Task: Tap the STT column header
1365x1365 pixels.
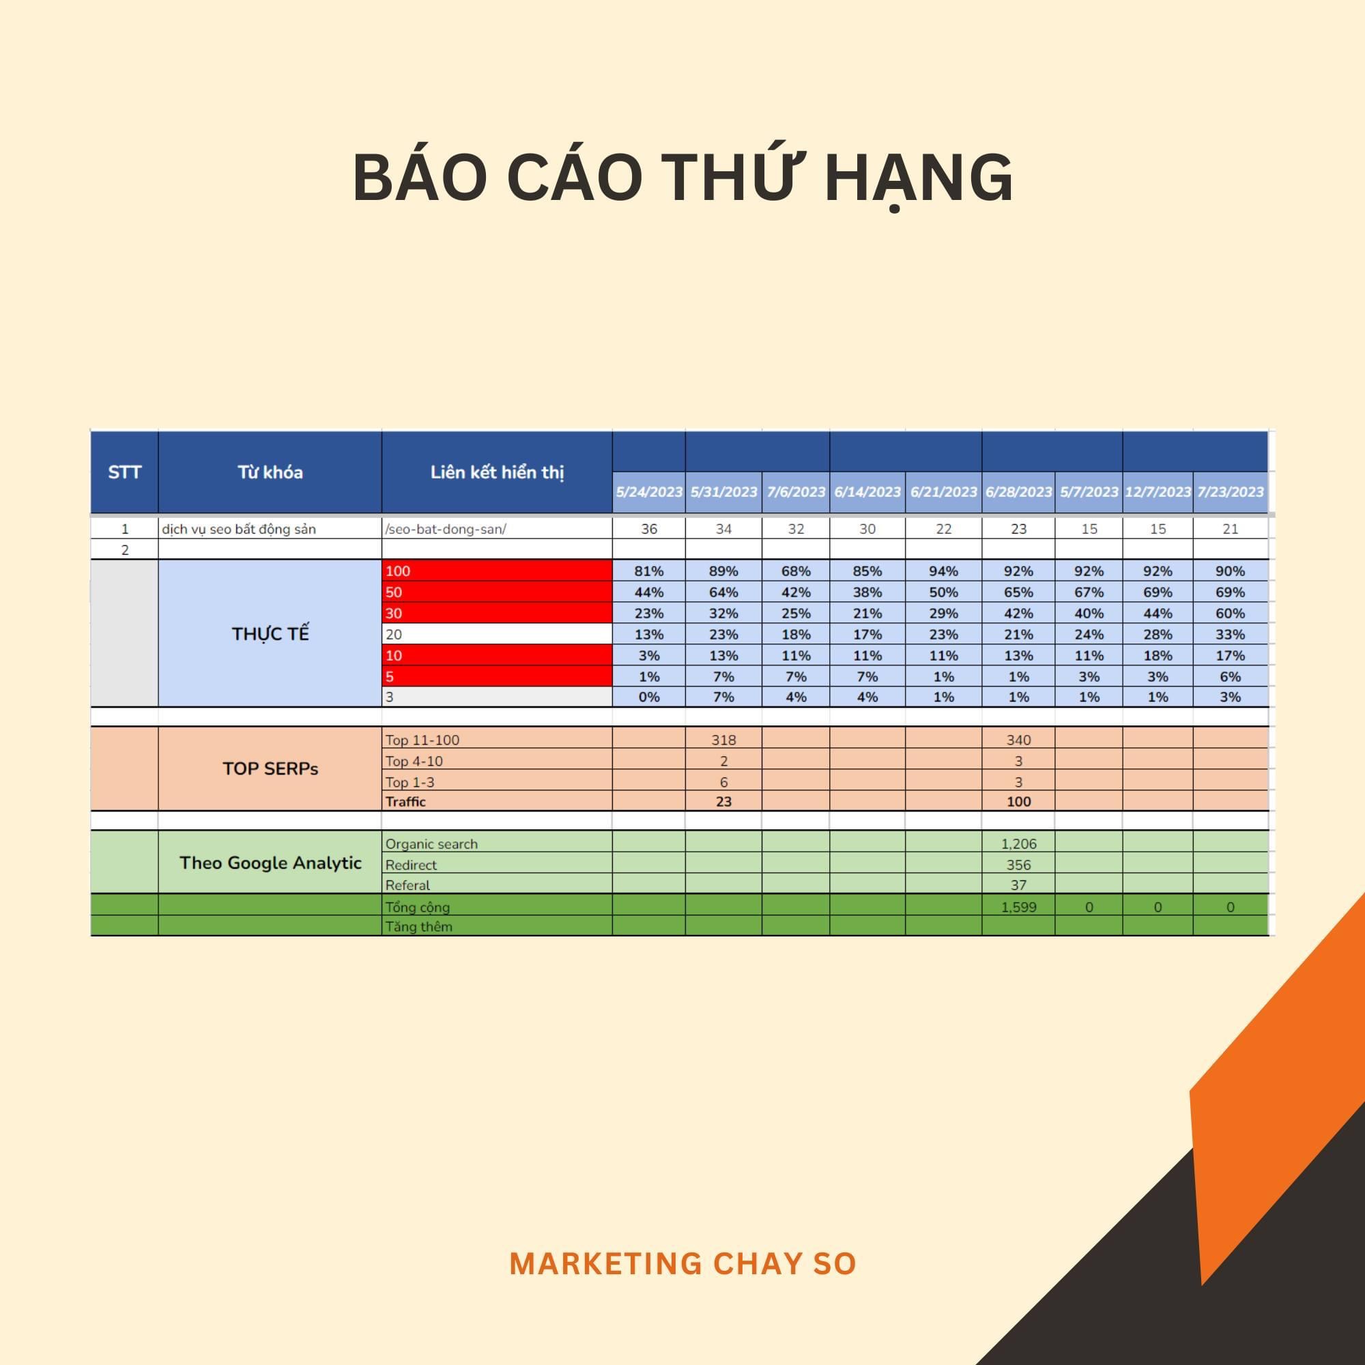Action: [124, 472]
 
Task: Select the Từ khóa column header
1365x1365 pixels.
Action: [270, 472]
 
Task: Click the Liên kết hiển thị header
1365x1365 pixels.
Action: [497, 473]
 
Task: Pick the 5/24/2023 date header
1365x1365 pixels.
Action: [648, 491]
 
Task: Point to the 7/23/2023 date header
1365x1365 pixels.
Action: [1230, 491]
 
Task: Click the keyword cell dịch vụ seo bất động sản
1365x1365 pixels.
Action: [239, 529]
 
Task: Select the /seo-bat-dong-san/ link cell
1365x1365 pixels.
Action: [445, 529]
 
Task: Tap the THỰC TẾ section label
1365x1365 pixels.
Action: [270, 634]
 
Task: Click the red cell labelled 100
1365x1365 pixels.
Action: [497, 571]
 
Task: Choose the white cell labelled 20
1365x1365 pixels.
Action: [497, 634]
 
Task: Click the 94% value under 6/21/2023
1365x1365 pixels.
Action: [943, 571]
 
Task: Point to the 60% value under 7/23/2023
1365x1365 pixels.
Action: [1230, 614]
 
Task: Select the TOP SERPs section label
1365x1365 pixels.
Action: [270, 768]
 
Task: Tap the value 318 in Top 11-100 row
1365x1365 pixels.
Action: [723, 740]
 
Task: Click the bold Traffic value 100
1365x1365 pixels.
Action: [1018, 801]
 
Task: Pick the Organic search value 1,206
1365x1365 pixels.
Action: [1018, 844]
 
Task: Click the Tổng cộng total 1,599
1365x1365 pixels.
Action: [1018, 907]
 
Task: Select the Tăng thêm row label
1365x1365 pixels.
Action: [418, 926]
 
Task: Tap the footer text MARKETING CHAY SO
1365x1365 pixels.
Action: [682, 1264]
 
